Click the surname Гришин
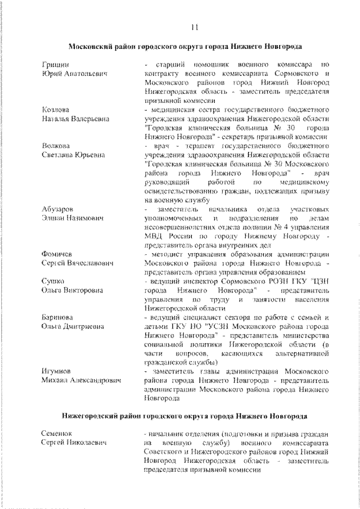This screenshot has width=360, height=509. (55, 65)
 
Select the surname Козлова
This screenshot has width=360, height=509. (55, 109)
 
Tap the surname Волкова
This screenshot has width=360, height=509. (55, 146)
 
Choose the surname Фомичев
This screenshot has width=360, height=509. (57, 254)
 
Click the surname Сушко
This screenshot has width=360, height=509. (53, 281)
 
